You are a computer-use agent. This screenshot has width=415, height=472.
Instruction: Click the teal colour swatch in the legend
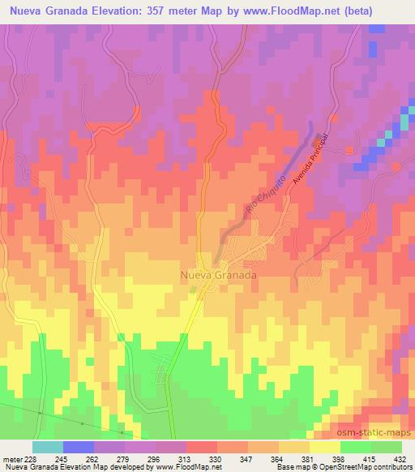point(47,447)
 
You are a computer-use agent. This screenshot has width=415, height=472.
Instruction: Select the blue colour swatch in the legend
point(78,447)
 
